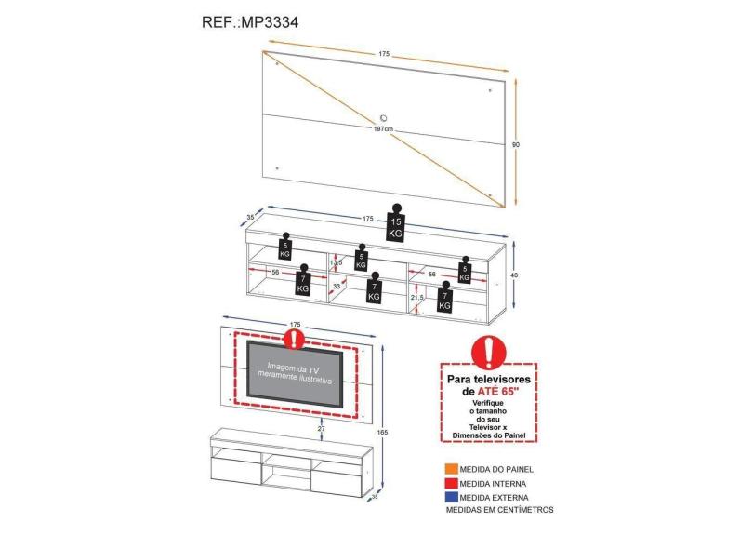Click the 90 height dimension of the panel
coord(516,144)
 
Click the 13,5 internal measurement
coord(336,262)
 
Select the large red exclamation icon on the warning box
coord(487,353)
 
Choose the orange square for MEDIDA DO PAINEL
coord(451,469)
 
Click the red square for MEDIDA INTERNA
coord(451,484)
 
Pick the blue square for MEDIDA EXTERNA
coord(451,498)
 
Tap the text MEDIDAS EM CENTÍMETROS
coord(499,511)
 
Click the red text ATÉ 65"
coord(500,392)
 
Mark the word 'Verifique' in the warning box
coord(487,404)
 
